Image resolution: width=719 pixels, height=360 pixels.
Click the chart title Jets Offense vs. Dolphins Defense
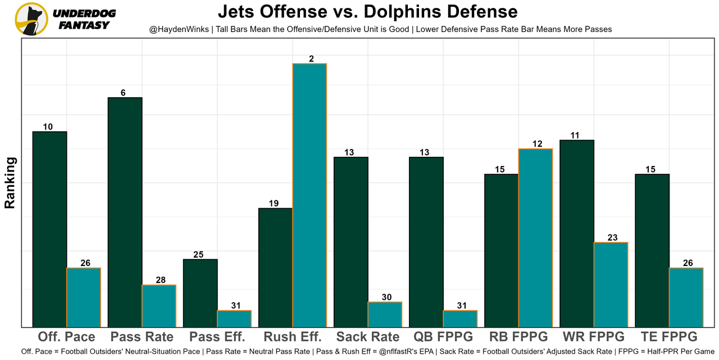point(367,11)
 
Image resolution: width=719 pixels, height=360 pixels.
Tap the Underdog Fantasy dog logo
point(31,19)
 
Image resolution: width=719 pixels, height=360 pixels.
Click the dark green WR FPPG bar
point(577,233)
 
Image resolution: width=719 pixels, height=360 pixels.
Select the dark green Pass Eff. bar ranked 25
point(200,292)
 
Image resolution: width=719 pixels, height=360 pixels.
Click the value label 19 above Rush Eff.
point(274,204)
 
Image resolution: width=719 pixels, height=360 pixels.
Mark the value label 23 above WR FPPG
point(612,237)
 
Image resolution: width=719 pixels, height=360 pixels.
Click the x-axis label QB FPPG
point(443,337)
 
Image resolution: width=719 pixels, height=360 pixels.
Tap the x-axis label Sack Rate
point(368,337)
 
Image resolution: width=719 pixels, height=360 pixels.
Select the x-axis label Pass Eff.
point(217,337)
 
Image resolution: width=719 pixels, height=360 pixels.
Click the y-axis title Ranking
point(10,183)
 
